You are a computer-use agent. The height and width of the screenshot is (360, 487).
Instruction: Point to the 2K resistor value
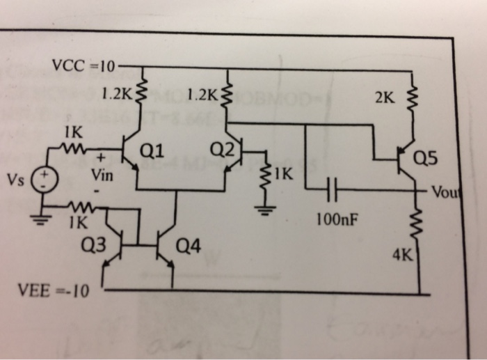pos(384,98)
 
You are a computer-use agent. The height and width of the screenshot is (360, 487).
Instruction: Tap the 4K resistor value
pos(401,255)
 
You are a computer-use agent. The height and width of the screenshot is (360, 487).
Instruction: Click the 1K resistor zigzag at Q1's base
pos(71,148)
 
